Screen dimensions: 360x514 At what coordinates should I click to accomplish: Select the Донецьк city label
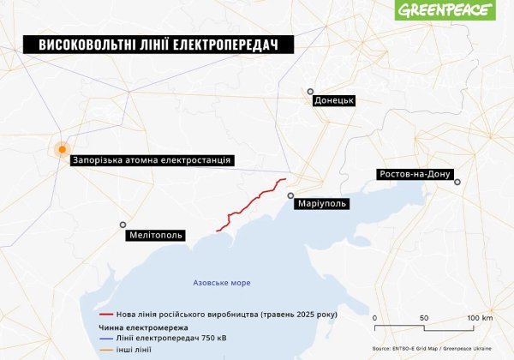click(334, 100)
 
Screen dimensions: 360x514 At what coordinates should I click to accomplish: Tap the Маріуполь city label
click(322, 204)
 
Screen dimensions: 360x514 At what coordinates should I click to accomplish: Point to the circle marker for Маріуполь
click(291, 195)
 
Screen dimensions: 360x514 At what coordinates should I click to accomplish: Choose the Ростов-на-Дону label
click(413, 174)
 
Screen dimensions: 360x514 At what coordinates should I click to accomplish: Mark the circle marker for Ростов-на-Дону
click(457, 182)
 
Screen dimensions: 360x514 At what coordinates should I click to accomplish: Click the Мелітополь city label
click(155, 234)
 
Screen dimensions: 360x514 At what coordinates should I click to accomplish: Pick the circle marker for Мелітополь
click(123, 225)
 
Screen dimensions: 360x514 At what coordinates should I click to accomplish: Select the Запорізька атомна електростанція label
click(152, 159)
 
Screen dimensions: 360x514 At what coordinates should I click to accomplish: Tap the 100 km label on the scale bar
click(480, 318)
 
